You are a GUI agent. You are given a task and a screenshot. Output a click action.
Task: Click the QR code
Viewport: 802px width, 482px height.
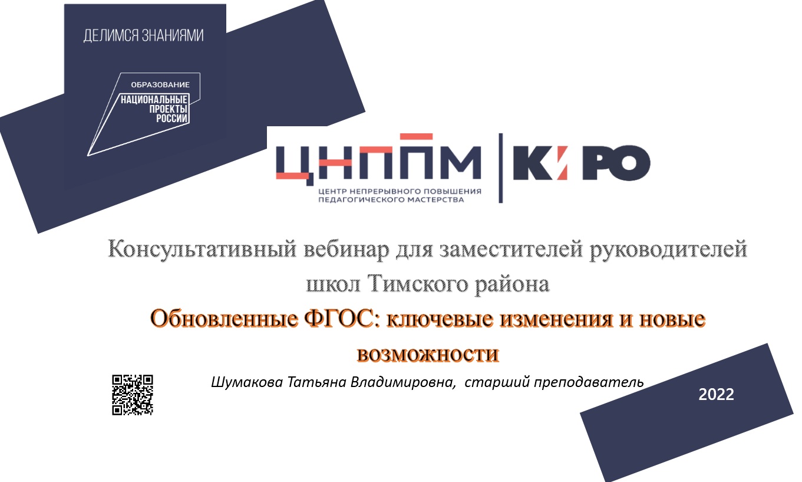click(133, 395)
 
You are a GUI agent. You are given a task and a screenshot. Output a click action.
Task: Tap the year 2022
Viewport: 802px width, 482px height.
click(716, 395)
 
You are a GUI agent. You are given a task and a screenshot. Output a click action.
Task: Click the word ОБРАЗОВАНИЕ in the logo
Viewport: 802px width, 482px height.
click(160, 85)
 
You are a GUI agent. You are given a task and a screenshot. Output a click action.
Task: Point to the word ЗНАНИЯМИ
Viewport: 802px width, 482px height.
click(173, 35)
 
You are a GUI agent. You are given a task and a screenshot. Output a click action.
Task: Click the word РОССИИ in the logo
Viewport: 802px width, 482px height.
click(172, 119)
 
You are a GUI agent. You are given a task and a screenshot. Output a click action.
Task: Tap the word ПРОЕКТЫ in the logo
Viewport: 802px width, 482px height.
click(169, 109)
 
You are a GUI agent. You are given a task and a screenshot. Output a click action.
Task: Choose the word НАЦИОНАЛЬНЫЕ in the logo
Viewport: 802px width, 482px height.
click(154, 99)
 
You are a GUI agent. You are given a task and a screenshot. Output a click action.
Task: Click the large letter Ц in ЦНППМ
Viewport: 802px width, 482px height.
click(295, 165)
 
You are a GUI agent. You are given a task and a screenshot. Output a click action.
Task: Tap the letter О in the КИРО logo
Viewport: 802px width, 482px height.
click(630, 163)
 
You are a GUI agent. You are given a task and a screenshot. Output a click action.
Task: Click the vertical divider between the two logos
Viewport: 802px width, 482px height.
click(500, 168)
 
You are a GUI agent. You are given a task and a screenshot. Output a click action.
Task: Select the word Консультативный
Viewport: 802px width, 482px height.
click(202, 249)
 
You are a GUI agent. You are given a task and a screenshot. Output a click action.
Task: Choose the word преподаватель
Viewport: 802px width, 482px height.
click(589, 382)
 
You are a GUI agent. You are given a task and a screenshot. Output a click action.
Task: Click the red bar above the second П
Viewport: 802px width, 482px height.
click(416, 136)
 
